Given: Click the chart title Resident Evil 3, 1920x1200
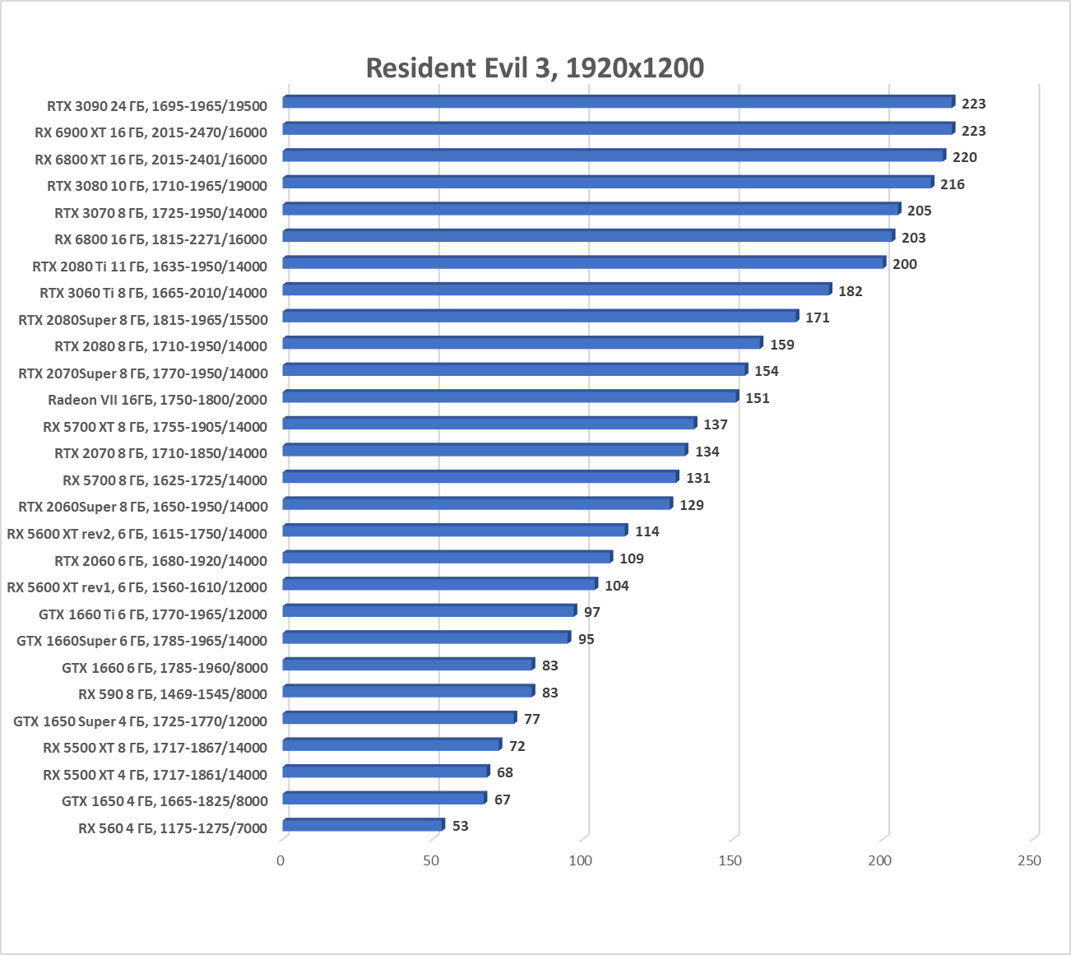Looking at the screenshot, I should [535, 67].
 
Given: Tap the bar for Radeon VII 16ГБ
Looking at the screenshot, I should [510, 396].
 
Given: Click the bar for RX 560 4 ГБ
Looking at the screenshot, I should [362, 825].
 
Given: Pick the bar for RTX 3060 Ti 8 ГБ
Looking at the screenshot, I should [556, 290].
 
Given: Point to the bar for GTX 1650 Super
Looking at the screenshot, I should [399, 718].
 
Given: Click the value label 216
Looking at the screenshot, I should [953, 184].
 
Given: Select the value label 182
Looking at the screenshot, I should [851, 291].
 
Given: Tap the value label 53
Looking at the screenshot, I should [461, 826].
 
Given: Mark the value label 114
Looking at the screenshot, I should [647, 531].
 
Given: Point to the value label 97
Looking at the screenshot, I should [592, 612].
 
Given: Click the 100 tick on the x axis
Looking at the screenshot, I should [581, 860].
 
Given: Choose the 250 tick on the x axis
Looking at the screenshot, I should [1029, 860].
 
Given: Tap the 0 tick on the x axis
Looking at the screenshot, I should [281, 860].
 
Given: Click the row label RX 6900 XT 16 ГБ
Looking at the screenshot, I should [151, 132].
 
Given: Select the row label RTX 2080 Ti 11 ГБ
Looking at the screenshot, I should [150, 267].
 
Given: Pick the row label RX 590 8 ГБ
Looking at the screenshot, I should [173, 694].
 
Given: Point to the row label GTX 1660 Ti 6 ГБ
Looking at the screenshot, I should [153, 614].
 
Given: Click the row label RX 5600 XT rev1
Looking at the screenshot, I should [137, 587].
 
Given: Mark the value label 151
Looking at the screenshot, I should [758, 398].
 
